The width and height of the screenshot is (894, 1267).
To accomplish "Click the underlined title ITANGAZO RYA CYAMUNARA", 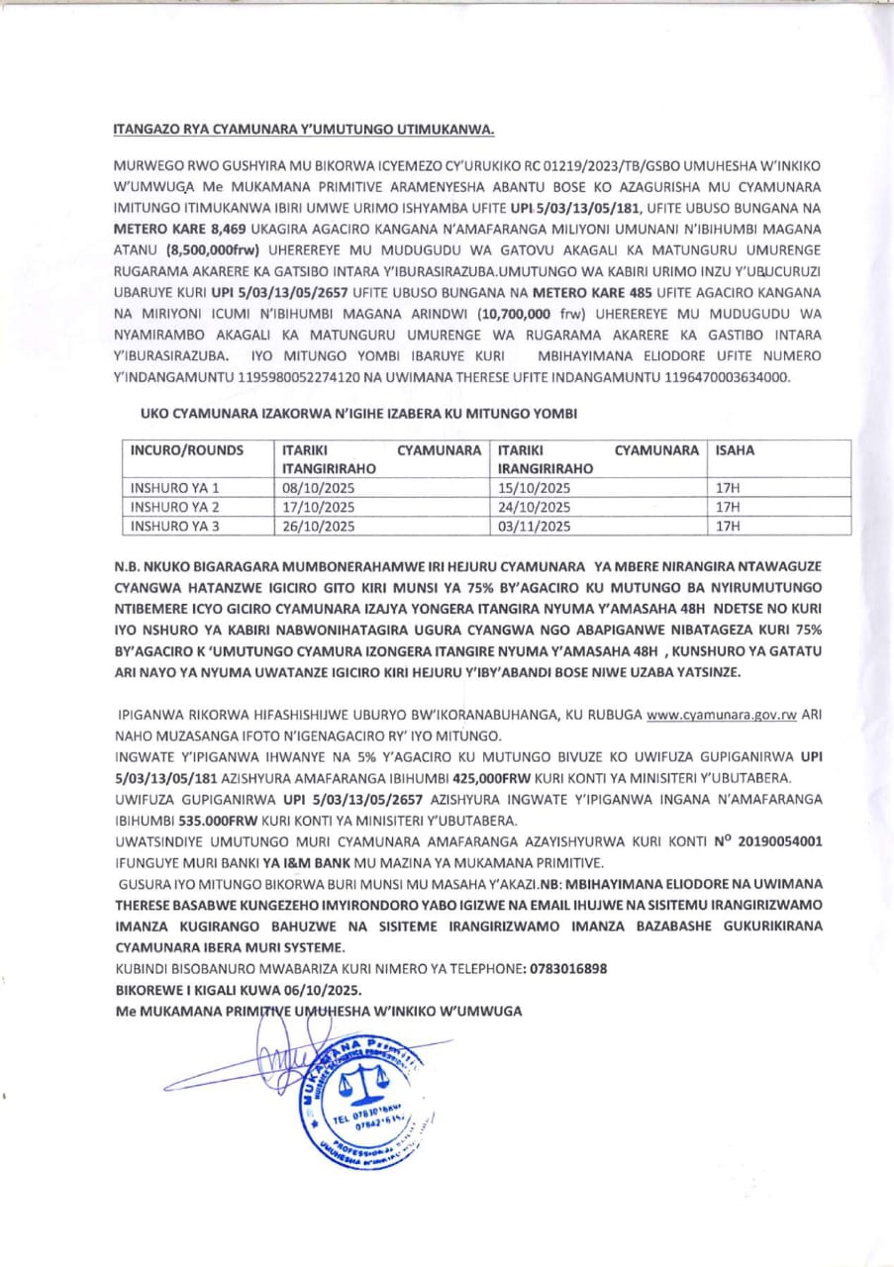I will [304, 130].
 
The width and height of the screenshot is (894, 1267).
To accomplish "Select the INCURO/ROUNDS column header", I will [187, 450].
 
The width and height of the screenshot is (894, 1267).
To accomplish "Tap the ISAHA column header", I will [735, 450].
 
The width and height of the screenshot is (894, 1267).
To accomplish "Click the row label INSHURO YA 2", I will [175, 507].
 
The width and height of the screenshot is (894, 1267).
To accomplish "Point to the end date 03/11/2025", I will [536, 527].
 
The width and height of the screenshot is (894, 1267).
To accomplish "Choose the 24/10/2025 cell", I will [536, 507].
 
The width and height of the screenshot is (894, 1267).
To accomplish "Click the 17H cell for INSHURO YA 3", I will [728, 527].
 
